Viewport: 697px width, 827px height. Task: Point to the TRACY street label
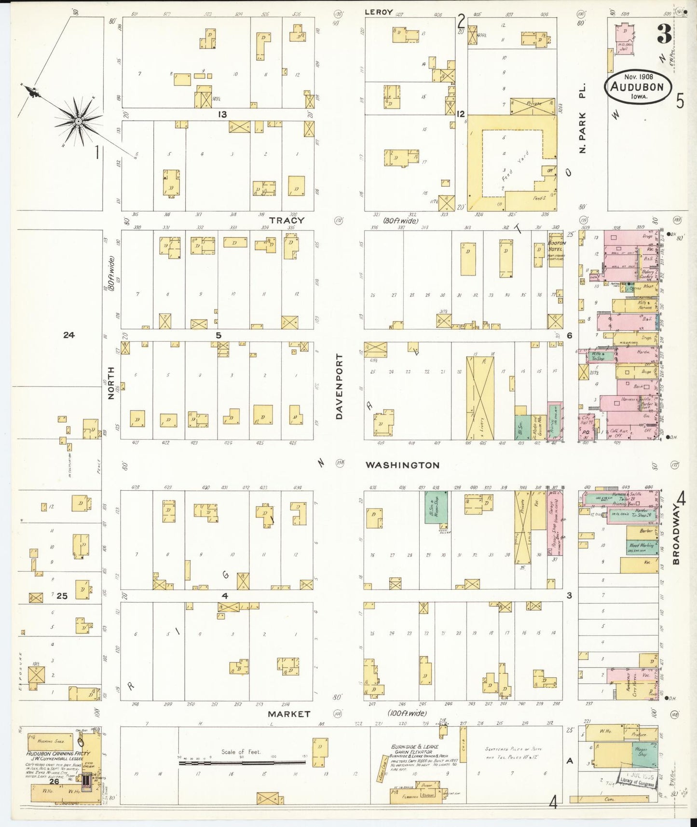click(x=287, y=221)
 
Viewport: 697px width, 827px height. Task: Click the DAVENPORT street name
click(x=339, y=386)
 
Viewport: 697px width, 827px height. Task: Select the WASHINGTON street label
click(x=402, y=465)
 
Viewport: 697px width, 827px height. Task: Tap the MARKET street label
click(x=289, y=714)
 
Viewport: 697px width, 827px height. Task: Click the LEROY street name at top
click(x=379, y=12)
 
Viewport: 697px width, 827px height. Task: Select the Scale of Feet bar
click(x=241, y=763)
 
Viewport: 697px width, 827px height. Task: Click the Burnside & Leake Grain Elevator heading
click(x=411, y=749)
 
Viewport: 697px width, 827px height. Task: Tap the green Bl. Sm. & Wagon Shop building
click(x=436, y=510)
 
